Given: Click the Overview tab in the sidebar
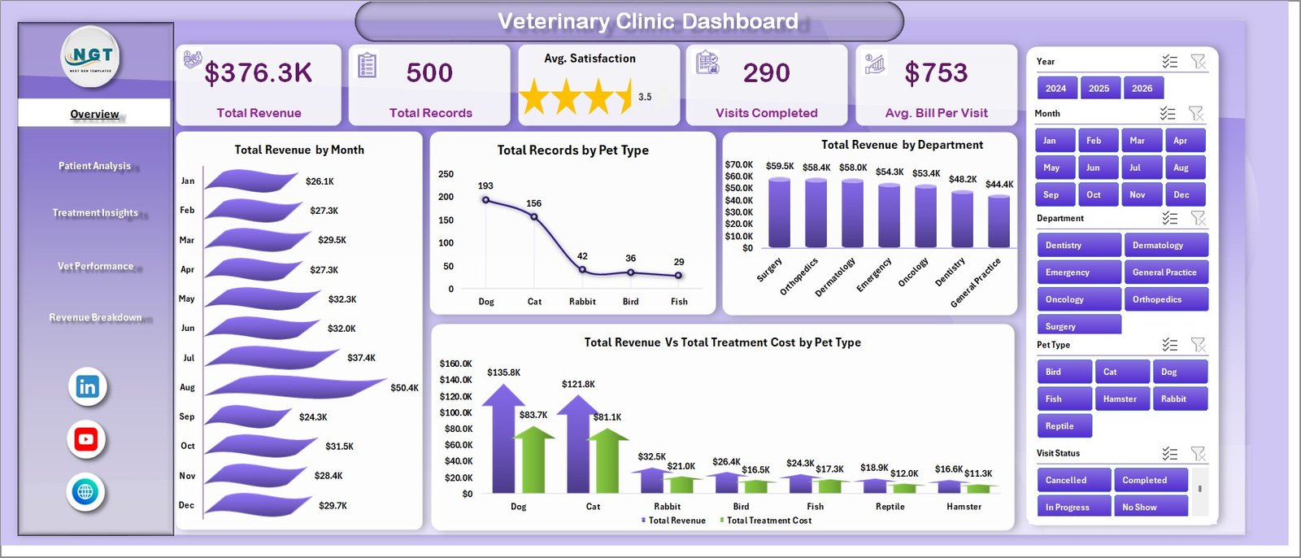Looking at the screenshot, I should [94, 114].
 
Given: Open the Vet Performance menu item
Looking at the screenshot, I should [95, 266].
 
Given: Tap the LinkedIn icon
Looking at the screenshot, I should [87, 387].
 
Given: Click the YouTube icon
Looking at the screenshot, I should [86, 440].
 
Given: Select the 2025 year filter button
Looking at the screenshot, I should [1099, 89].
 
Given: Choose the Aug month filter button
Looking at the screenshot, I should [1181, 168].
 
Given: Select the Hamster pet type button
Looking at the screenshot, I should [1120, 399].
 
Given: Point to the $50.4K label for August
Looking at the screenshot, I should [404, 388].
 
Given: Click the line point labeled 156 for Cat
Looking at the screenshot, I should [533, 216].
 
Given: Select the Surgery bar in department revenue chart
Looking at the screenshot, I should [779, 212].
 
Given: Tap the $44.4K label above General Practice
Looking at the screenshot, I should [999, 185].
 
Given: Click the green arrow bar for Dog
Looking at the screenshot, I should [533, 460].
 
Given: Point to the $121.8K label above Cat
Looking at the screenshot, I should [578, 384].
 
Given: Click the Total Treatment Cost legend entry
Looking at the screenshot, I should [768, 521].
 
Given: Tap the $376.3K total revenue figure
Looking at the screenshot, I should [258, 73].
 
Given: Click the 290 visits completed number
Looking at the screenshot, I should [766, 73].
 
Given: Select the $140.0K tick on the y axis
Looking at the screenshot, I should [455, 380].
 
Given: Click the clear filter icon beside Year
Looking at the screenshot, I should [1198, 62].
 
